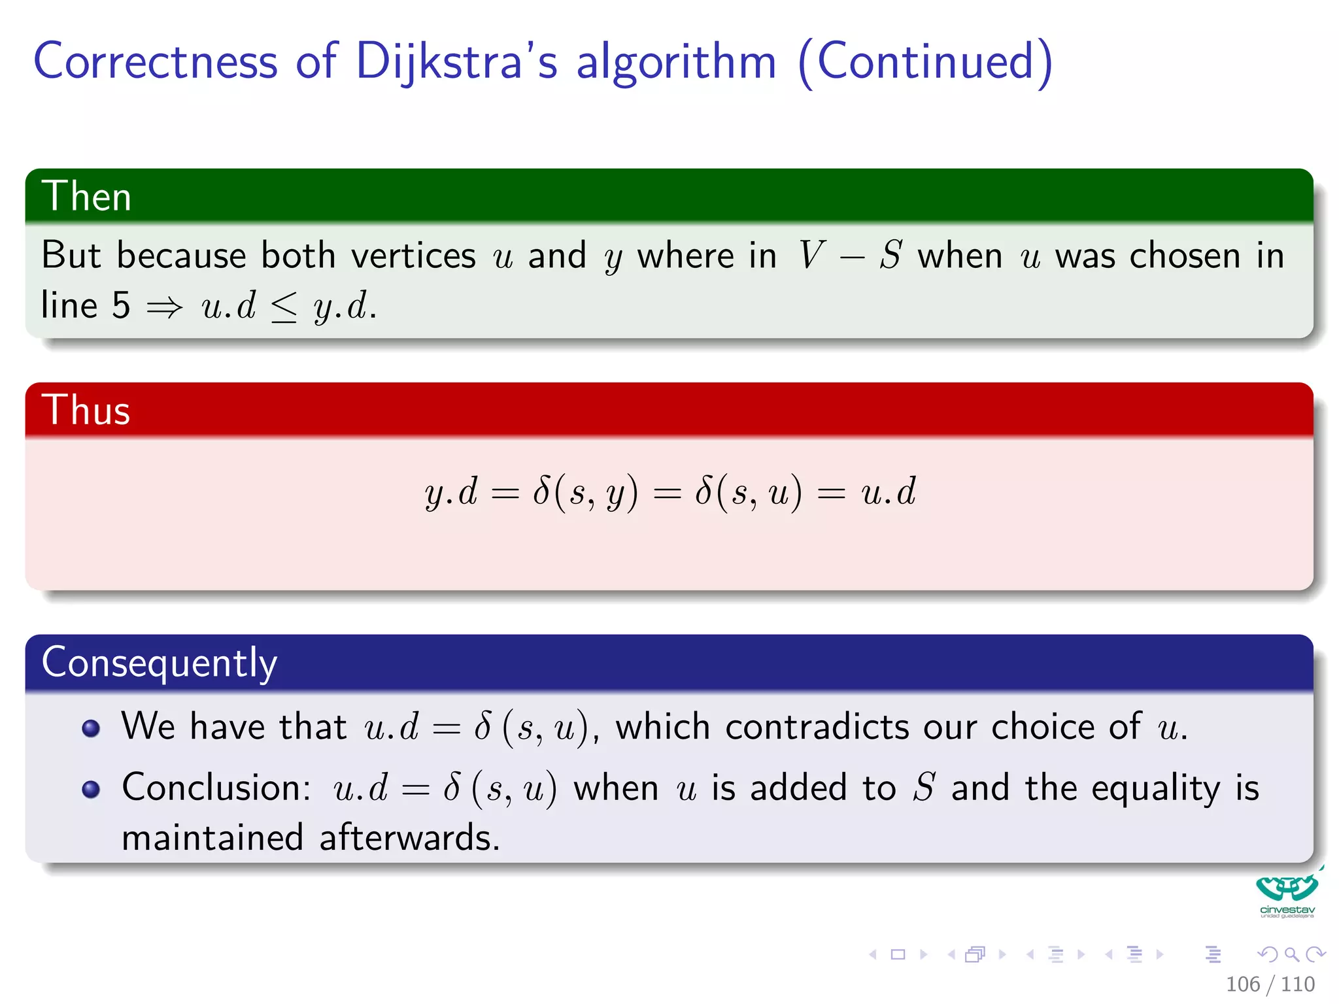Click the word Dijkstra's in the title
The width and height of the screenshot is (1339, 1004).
456,61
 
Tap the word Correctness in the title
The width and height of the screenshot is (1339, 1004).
156,61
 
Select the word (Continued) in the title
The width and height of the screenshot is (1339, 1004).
925,61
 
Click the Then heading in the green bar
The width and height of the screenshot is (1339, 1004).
86,196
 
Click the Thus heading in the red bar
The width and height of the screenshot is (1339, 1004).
86,410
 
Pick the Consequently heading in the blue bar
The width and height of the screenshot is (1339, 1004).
159,663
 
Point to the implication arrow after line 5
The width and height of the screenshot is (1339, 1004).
164,306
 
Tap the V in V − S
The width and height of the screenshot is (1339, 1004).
811,255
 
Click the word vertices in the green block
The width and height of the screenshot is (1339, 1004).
413,255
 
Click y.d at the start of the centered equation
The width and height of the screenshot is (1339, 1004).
450,492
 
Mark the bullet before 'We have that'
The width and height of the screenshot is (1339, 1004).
91,728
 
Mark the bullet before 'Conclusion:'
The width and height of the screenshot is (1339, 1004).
91,789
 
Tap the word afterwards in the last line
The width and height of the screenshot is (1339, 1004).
409,838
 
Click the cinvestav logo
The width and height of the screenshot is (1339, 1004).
1287,894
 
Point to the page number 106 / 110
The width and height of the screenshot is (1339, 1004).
1270,984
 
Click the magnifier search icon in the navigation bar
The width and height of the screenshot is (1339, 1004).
1291,954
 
